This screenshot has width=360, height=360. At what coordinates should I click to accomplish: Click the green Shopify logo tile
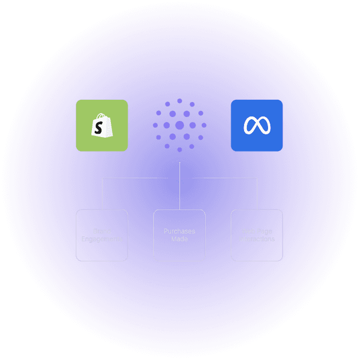click(x=102, y=125)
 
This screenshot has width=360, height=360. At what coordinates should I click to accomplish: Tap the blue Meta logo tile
click(x=256, y=125)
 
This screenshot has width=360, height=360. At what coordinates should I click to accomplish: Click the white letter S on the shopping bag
click(x=99, y=128)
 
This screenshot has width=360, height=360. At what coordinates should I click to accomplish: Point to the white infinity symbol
click(x=256, y=126)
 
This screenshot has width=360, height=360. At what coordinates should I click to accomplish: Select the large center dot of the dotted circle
click(x=179, y=125)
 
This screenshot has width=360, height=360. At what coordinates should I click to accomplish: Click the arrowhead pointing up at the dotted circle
click(x=179, y=163)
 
